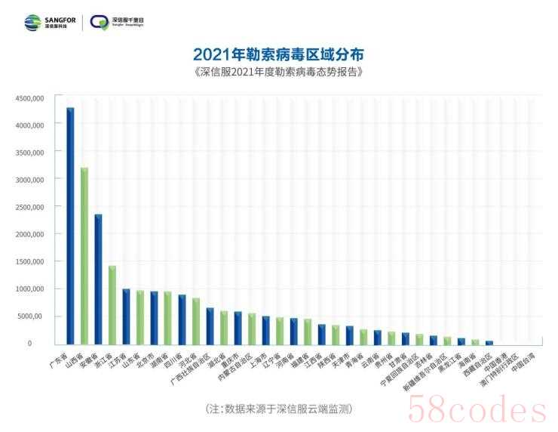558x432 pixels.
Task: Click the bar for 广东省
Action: click(x=70, y=227)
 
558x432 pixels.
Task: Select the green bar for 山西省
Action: click(x=84, y=257)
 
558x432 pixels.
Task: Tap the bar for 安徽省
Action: click(x=98, y=279)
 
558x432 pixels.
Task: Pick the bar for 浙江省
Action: click(x=112, y=305)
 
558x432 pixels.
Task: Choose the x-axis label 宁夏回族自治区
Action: click(x=405, y=366)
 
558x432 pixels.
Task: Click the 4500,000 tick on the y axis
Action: click(x=29, y=98)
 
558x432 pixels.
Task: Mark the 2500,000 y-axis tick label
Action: click(x=29, y=207)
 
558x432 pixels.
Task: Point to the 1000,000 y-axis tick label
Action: click(x=29, y=289)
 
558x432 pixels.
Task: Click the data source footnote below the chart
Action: click(x=279, y=409)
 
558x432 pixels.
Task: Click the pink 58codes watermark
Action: click(x=477, y=411)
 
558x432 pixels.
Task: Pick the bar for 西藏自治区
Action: click(x=489, y=343)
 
